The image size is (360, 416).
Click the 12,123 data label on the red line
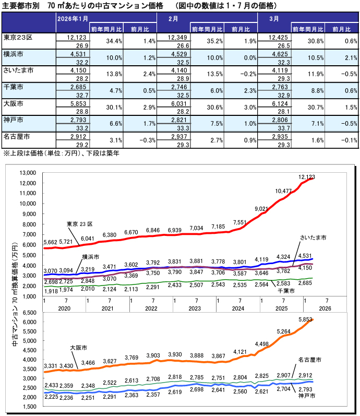coord(308,177)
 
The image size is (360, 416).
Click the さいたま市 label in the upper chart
coord(313,237)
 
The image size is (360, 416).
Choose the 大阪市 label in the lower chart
coord(78,347)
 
